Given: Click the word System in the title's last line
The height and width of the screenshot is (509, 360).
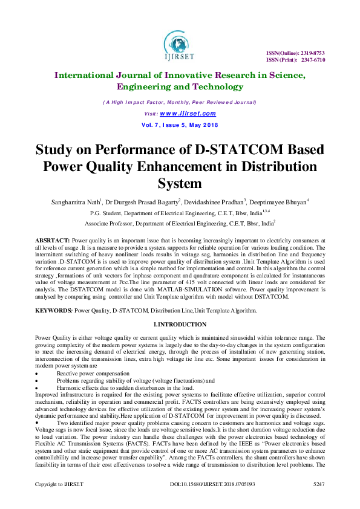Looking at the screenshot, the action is tap(180, 183).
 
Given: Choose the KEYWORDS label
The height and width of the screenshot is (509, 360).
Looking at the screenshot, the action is tap(53, 310).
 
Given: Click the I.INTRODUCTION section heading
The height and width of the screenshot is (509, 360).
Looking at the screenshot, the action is tap(180, 325).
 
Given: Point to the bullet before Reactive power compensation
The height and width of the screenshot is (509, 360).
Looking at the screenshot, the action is tap(38, 374).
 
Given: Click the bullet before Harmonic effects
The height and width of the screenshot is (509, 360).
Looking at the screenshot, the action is tap(38, 388).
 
